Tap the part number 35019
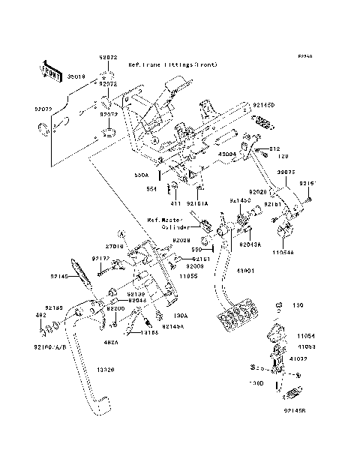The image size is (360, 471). click(76, 76)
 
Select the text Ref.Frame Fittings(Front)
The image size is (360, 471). click(173, 65)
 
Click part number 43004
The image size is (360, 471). click(227, 154)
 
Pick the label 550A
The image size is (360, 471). click(142, 174)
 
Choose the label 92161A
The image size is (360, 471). click(198, 202)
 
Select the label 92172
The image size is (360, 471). click(100, 259)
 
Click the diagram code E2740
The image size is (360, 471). click(304, 57)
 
